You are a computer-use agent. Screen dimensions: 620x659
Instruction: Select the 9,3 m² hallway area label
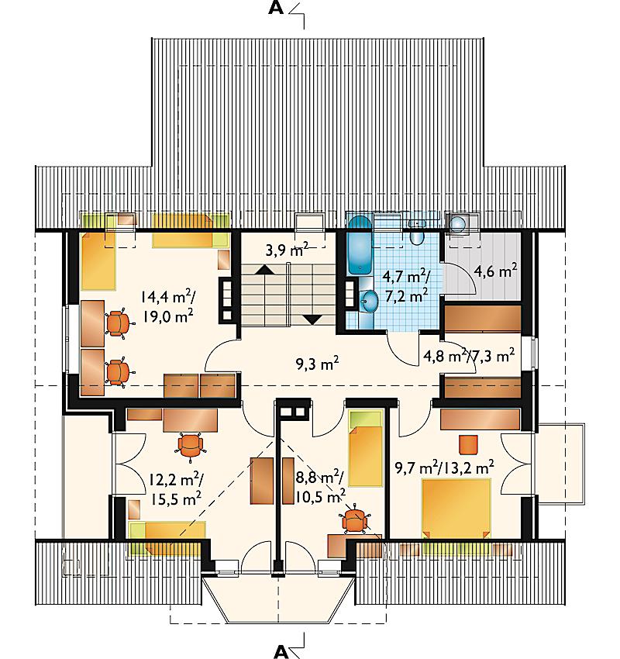(317, 364)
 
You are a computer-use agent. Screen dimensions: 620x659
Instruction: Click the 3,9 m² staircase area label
(288, 250)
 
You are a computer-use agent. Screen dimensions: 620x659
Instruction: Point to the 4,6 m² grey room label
(495, 271)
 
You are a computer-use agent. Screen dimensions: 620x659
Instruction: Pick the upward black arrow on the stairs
(264, 269)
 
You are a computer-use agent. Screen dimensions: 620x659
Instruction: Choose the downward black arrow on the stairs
(312, 320)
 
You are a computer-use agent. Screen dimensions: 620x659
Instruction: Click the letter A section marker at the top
(276, 8)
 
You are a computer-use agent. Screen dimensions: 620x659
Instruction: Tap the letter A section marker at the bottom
(281, 651)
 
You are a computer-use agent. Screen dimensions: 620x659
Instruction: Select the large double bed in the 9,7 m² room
(456, 509)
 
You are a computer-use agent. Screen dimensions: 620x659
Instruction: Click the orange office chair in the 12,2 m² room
(191, 446)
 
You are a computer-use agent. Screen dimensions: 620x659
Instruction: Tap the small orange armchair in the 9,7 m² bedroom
(468, 445)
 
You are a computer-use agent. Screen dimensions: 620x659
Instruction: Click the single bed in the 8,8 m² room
(366, 449)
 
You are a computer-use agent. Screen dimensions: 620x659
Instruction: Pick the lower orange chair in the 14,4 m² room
(119, 371)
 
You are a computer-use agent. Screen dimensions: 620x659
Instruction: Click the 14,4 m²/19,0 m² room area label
(167, 306)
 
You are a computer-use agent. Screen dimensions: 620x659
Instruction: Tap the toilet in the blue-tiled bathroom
(416, 234)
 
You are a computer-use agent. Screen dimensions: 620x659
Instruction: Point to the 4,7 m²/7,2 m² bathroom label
(406, 286)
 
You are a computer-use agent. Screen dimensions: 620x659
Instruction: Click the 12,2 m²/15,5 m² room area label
(176, 488)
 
